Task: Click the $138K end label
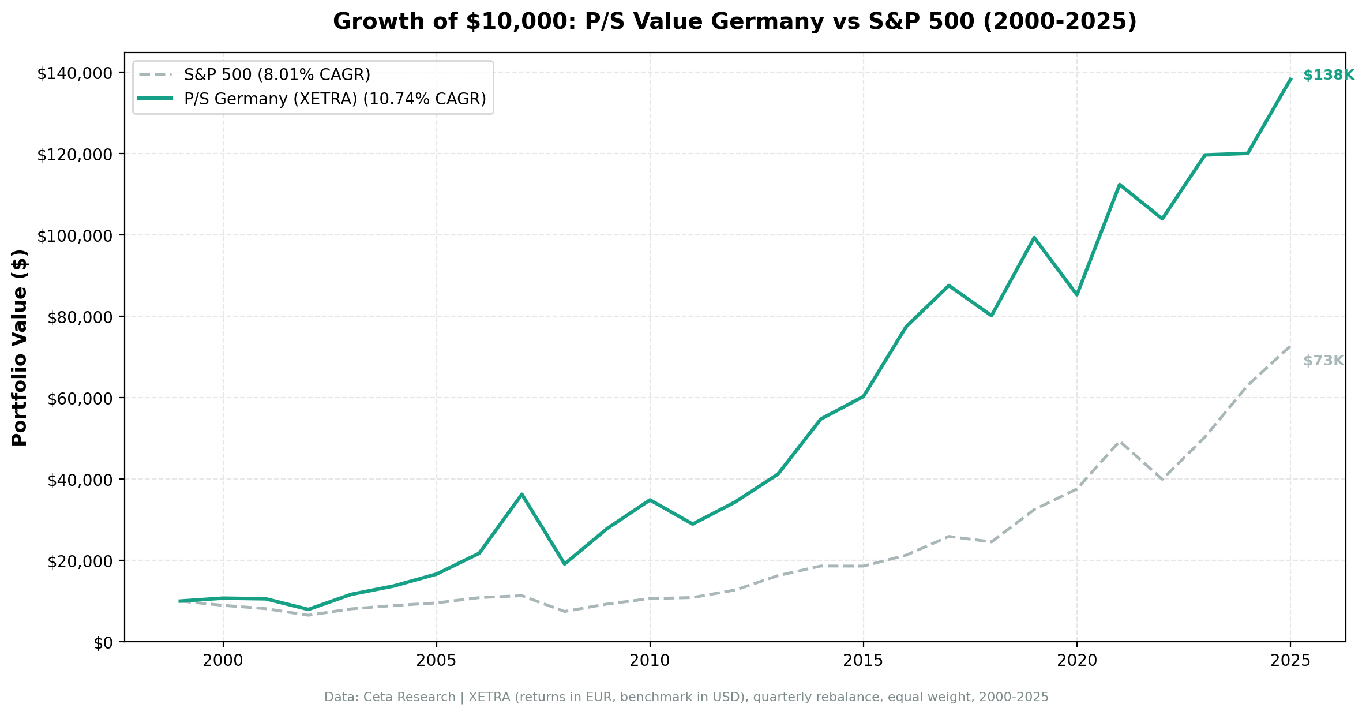point(1328,76)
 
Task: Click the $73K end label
point(1323,361)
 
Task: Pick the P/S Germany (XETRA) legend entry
point(335,99)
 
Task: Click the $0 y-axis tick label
point(104,643)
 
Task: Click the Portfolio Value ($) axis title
point(20,347)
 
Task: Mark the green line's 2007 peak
point(521,495)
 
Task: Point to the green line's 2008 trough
point(564,564)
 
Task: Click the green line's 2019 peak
point(1034,237)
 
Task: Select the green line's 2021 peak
point(1120,185)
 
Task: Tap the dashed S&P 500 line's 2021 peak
point(1120,441)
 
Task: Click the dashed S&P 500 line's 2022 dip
point(1162,480)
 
